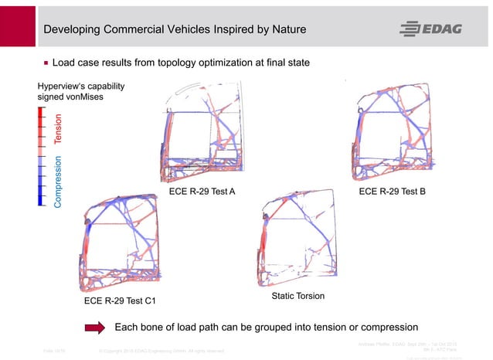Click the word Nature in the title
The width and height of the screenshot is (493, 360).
tap(284, 29)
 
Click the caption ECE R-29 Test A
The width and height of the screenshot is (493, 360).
tap(202, 192)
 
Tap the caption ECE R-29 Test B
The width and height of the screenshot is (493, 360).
tap(393, 192)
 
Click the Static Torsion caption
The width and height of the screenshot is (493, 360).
tap(298, 296)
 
